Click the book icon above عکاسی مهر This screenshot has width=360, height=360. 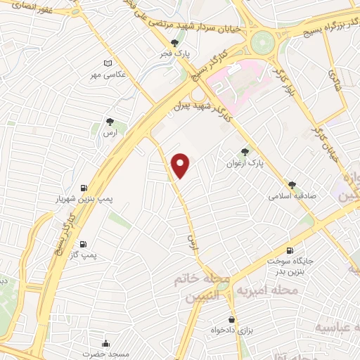[x=107, y=63]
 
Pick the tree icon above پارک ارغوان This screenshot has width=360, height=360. [x=245, y=151]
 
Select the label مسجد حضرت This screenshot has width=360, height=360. [x=105, y=354]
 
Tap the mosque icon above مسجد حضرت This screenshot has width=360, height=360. [x=105, y=343]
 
